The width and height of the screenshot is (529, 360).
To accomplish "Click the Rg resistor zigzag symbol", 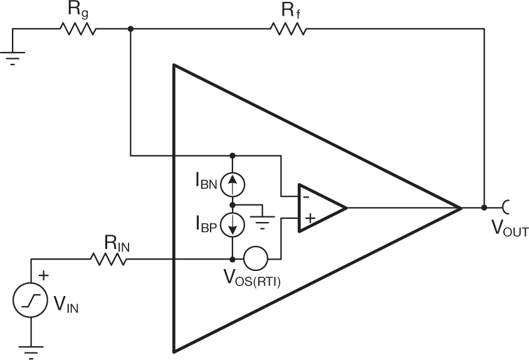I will point(78,29).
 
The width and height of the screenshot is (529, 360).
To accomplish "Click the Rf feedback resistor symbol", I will point(288,29).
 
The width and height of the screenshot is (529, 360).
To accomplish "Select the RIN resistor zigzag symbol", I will point(108,258).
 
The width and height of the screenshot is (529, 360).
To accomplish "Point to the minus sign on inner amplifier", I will point(305,196).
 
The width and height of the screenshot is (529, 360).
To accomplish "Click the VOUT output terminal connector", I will point(505,207).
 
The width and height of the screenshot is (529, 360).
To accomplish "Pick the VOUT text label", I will point(510,231).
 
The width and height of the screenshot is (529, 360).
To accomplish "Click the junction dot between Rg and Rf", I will point(130,29).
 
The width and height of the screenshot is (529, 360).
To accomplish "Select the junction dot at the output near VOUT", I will point(484,207).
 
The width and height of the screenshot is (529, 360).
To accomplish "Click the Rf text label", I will point(289,9).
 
